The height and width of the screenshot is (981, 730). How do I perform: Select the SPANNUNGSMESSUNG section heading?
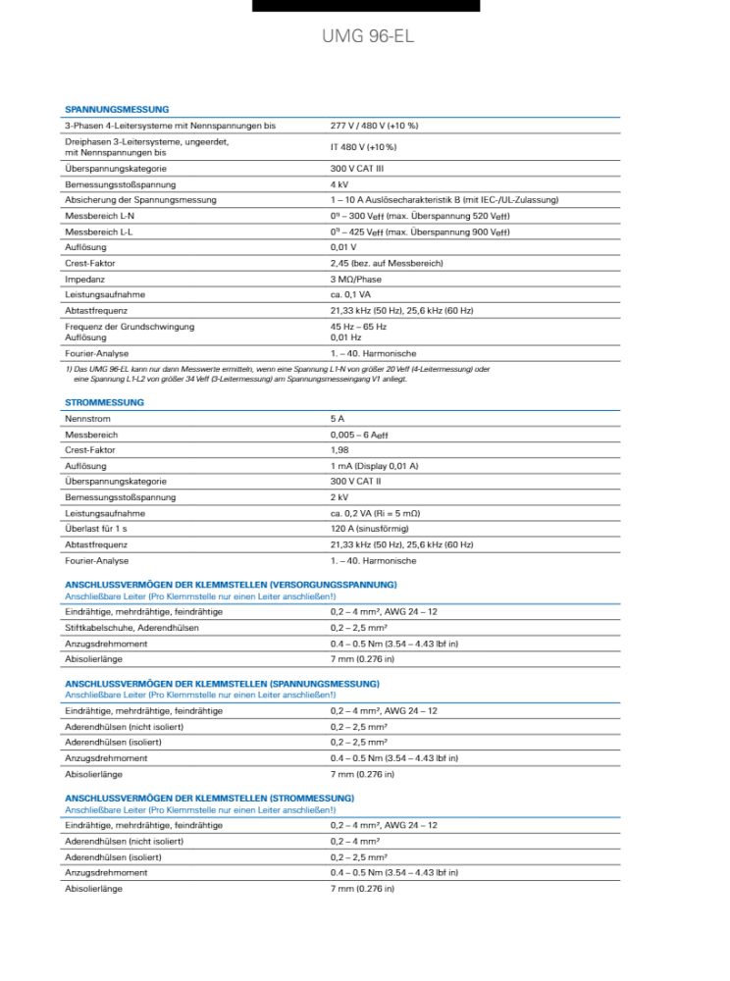tap(117, 109)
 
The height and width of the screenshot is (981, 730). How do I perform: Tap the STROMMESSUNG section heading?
tap(104, 402)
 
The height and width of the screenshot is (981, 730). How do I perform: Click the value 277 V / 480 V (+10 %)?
tap(374, 126)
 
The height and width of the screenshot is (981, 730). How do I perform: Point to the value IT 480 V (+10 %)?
tap(363, 147)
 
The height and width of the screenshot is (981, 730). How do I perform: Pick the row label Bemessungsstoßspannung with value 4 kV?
tap(121, 184)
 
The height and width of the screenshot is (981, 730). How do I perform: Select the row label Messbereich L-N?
tap(100, 216)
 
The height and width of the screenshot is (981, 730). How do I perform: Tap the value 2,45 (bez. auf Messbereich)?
tap(387, 263)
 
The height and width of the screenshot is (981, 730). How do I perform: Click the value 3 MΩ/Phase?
tap(356, 279)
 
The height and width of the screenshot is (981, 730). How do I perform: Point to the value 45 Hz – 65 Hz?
tap(358, 326)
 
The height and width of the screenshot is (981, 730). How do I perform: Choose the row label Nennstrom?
tap(86, 419)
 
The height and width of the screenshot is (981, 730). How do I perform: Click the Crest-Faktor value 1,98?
tap(339, 450)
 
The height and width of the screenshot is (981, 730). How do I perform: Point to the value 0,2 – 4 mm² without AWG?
tap(355, 841)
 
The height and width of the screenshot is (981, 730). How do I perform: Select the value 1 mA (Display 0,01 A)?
tap(374, 466)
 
